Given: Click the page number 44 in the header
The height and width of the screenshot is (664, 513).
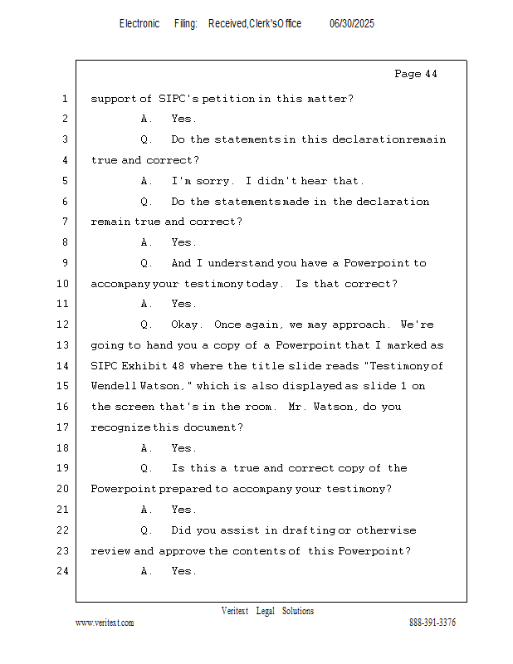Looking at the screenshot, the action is click(x=431, y=74).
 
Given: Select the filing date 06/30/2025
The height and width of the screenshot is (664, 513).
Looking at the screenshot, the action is click(x=352, y=23).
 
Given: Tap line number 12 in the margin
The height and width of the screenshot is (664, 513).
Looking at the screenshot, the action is click(x=62, y=325).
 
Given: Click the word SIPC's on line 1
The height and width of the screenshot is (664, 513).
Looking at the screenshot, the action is click(x=178, y=99).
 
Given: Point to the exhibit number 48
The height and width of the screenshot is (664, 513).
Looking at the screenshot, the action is click(x=178, y=365).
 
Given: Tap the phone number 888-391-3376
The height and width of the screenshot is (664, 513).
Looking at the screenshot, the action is click(x=432, y=622).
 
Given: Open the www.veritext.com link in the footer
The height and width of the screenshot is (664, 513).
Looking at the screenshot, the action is click(x=105, y=622).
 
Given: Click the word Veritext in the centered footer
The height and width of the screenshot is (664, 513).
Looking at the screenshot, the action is click(x=235, y=611).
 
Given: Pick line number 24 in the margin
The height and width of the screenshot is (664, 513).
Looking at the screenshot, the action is click(x=62, y=571).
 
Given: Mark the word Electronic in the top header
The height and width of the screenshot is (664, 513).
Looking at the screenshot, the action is click(x=139, y=23).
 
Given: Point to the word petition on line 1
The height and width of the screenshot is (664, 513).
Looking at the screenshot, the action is click(x=228, y=99).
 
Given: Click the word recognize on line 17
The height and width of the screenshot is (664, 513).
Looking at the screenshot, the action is click(x=120, y=427).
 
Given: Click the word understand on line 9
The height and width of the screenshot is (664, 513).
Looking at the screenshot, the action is click(x=241, y=263).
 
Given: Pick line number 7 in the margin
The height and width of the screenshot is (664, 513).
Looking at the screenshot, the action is click(x=65, y=222).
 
